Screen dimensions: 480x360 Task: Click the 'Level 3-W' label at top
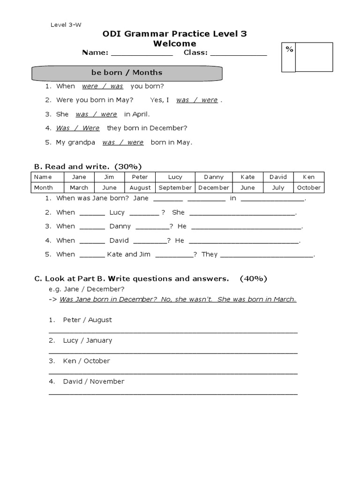coord(66,25)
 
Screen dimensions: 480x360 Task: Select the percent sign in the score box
coord(289,49)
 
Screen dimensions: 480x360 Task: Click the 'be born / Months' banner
coord(127,73)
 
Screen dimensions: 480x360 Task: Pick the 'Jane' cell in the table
coord(79,177)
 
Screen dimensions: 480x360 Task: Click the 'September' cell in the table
coord(175,187)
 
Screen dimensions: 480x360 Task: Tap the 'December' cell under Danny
coord(213,187)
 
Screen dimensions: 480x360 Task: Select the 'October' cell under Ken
coord(309,187)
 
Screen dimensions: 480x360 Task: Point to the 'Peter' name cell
coord(140,177)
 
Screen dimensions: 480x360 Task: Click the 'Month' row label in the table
coord(43,187)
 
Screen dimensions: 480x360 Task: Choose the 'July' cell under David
coord(278,187)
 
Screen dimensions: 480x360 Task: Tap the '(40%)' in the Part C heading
coord(253,278)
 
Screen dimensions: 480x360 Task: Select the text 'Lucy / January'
coord(87,340)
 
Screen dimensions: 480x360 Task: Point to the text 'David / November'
coord(93,382)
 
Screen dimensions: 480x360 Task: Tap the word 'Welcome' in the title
coord(174,44)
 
